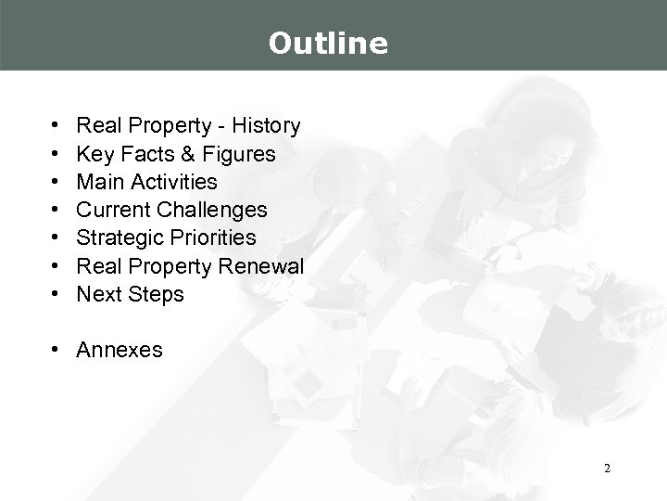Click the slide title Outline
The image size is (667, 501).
click(x=328, y=43)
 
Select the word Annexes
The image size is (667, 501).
click(x=120, y=351)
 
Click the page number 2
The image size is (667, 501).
click(x=606, y=469)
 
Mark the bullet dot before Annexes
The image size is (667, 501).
click(x=57, y=351)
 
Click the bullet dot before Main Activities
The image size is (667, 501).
click(x=57, y=182)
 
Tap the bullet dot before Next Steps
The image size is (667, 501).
click(x=57, y=295)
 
